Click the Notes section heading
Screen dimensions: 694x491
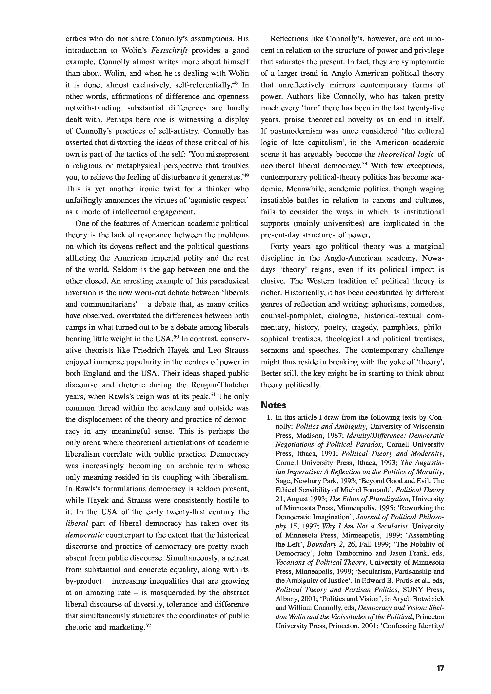pyautogui.click(x=273, y=405)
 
